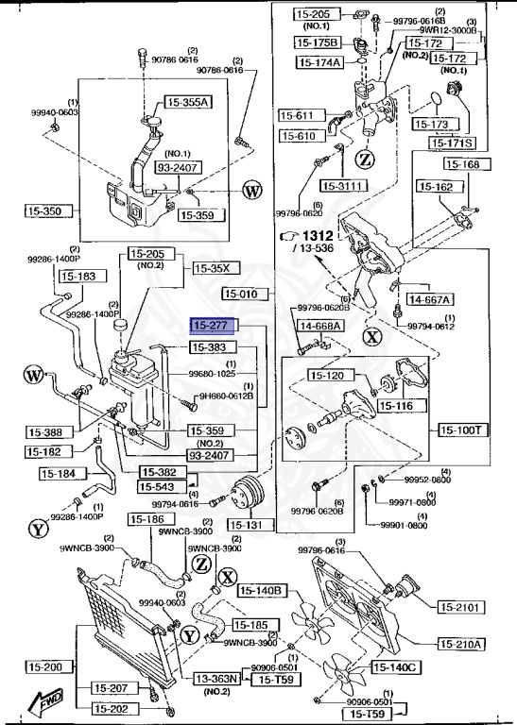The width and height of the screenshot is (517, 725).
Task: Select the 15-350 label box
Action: (40, 211)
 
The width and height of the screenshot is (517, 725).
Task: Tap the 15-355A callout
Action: (189, 102)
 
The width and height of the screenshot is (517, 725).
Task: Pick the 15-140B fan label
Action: (262, 591)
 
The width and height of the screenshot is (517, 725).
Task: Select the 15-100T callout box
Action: (462, 430)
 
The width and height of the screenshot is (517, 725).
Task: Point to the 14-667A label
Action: (429, 299)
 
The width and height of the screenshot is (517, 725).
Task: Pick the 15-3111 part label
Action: (342, 185)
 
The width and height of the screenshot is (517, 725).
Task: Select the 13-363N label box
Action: (216, 678)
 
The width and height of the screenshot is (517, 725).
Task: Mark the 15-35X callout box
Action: (211, 267)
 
